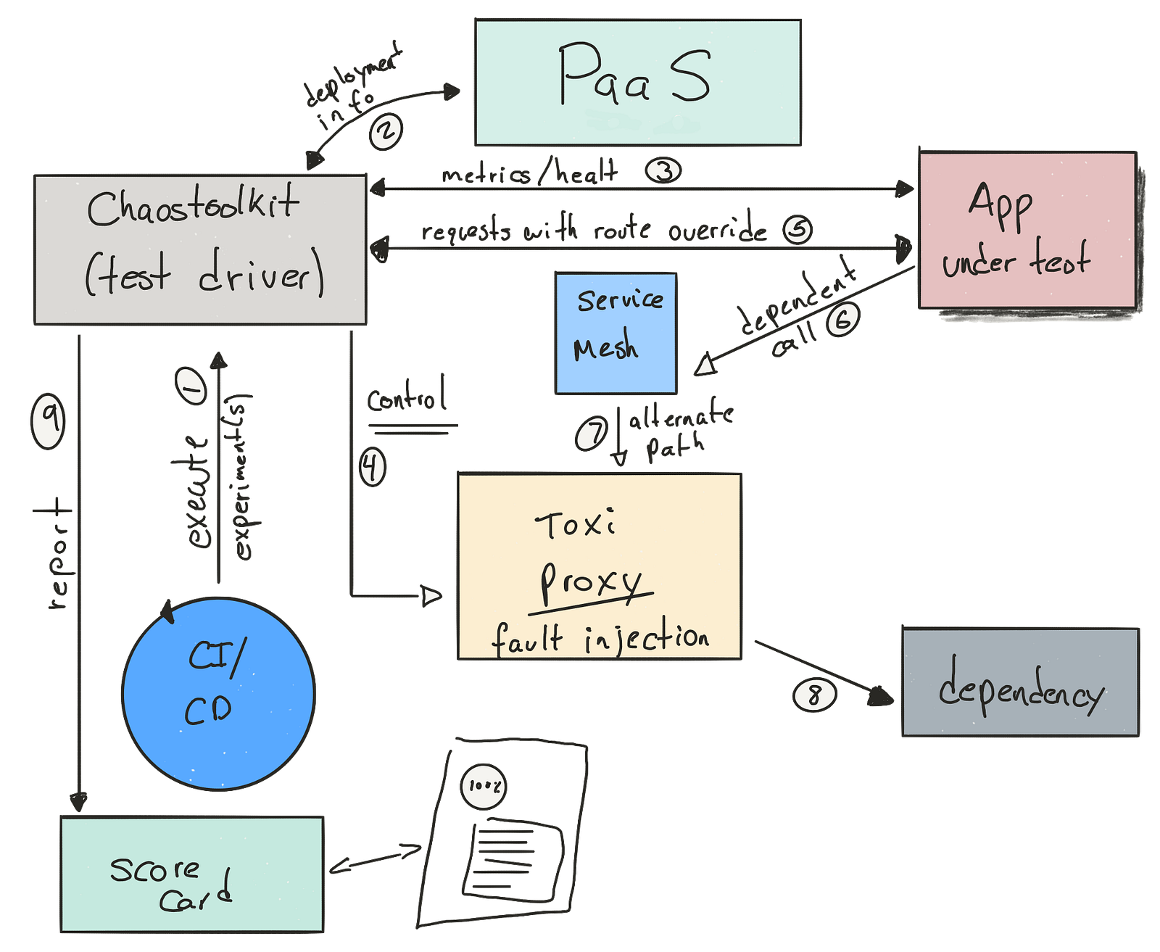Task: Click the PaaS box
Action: tap(637, 82)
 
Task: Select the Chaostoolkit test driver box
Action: tap(200, 248)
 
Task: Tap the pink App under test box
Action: tap(1027, 230)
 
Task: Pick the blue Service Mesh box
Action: tap(616, 333)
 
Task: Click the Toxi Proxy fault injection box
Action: tap(599, 566)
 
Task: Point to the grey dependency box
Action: tap(1020, 682)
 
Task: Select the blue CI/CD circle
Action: tap(218, 692)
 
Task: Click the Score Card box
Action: tap(192, 874)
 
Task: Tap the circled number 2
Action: tap(386, 132)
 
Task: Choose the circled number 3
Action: tap(663, 171)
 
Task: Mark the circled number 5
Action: tap(797, 230)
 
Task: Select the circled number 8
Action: tap(813, 695)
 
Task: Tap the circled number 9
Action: tap(48, 420)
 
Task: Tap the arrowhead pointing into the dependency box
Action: tap(881, 697)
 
